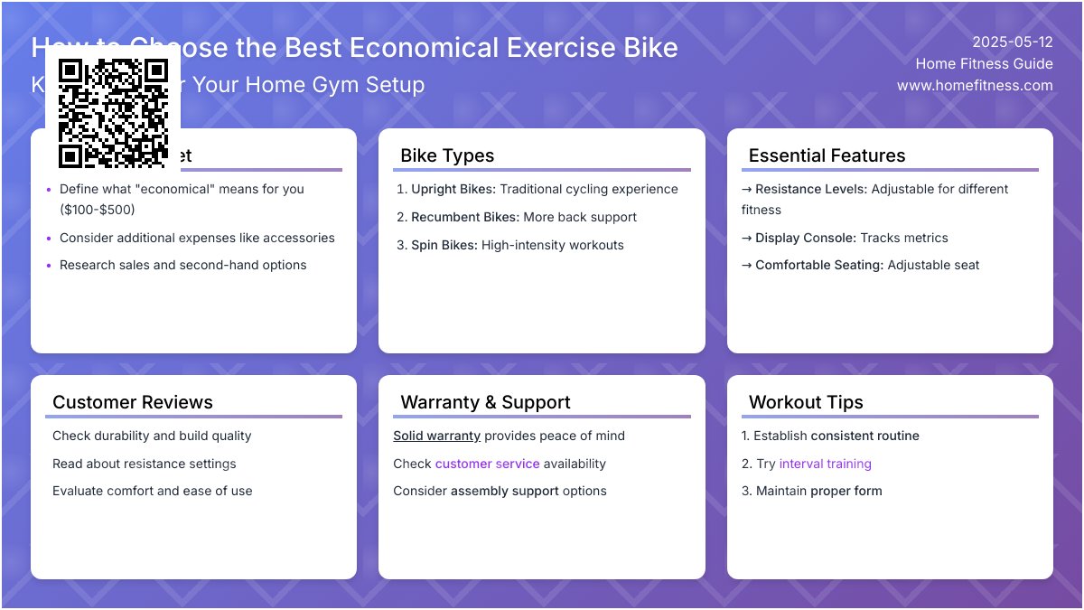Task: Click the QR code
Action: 113,113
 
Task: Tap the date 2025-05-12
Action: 1012,42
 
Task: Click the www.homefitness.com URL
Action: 975,85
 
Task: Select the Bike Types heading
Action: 447,155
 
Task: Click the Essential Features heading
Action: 827,155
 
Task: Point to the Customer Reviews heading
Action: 133,402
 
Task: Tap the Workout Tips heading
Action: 806,402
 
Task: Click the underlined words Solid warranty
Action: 436,436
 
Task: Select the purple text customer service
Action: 487,464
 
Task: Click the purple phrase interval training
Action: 825,464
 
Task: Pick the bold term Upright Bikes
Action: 452,189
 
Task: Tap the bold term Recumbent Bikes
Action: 463,217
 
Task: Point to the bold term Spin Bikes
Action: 443,245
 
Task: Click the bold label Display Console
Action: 805,238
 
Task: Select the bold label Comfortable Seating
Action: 818,265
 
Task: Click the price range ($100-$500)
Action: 97,210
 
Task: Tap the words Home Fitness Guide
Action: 984,63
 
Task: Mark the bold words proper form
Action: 846,491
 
